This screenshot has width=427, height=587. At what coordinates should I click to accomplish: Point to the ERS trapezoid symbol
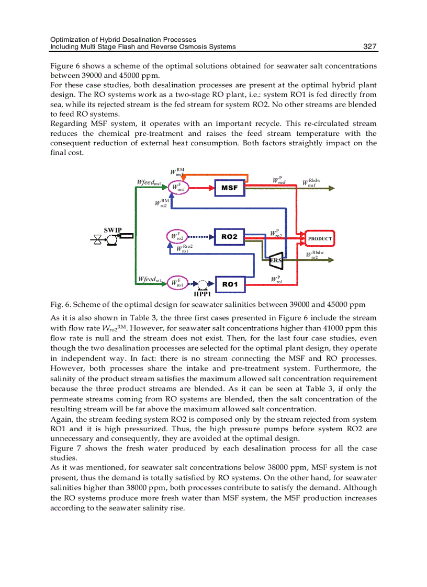pos(276,260)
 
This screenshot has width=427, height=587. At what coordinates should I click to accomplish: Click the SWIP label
pos(113,230)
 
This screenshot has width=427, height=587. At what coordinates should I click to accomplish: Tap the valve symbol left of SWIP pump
pos(97,240)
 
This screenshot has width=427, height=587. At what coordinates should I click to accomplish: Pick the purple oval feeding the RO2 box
pos(176,237)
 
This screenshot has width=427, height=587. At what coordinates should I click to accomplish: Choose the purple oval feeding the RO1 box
pos(176,283)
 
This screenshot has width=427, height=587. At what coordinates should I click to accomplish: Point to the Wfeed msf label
pos(149,182)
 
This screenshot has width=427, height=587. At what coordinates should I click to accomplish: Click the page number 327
pos(370,47)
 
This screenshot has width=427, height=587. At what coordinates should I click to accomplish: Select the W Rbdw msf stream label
pos(312,183)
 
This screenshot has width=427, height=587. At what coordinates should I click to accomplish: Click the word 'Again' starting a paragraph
pos(60,419)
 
